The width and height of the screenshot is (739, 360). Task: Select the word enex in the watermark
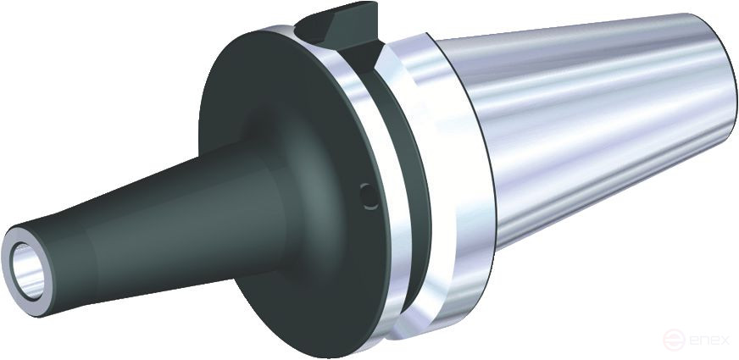708,341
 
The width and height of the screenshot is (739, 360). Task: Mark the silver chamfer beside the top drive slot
377,51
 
